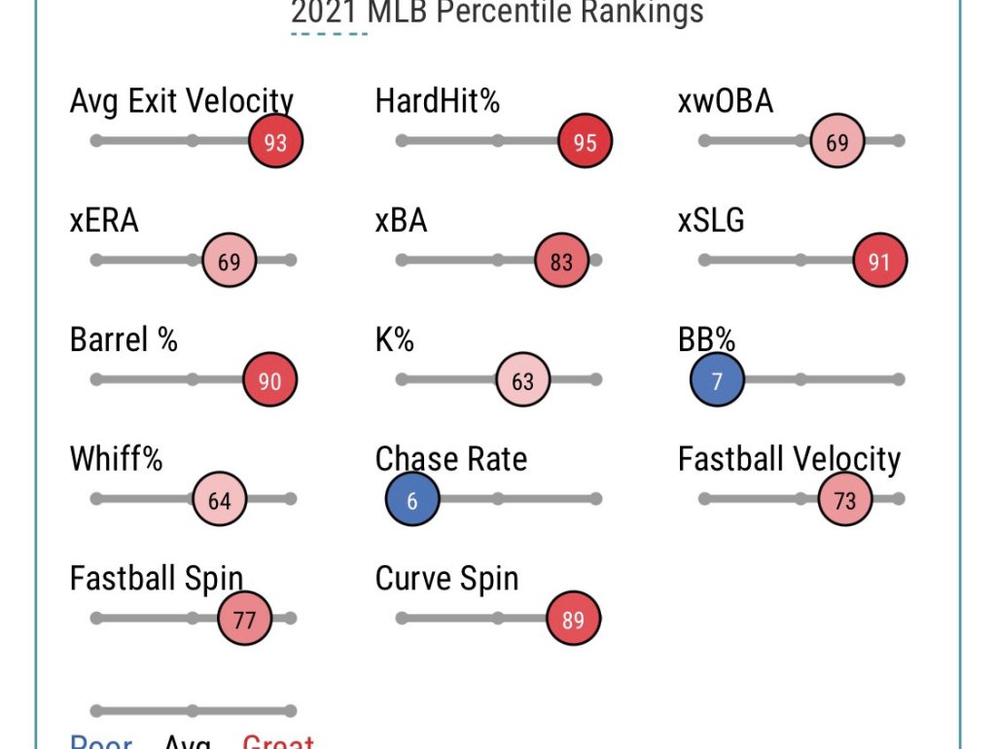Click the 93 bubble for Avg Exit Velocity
pyautogui.click(x=276, y=142)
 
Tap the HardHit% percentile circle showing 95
pyautogui.click(x=585, y=142)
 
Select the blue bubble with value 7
pyautogui.click(x=718, y=380)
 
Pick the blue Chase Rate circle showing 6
pyautogui.click(x=412, y=500)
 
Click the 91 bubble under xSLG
pyautogui.click(x=879, y=261)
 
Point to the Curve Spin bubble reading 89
pyautogui.click(x=574, y=620)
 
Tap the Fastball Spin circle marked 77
pyautogui.click(x=244, y=620)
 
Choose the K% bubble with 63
pyautogui.click(x=523, y=380)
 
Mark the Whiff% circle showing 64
pyautogui.click(x=220, y=500)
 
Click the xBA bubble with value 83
pyautogui.click(x=561, y=261)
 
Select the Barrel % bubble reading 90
pyautogui.click(x=269, y=380)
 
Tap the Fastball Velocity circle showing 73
pyautogui.click(x=844, y=500)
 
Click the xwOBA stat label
pyautogui.click(x=726, y=101)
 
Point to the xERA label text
pyautogui.click(x=104, y=221)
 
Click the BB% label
pyautogui.click(x=706, y=339)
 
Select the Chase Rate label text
pyautogui.click(x=451, y=459)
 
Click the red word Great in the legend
pyautogui.click(x=278, y=741)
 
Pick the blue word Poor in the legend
pyautogui.click(x=101, y=741)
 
